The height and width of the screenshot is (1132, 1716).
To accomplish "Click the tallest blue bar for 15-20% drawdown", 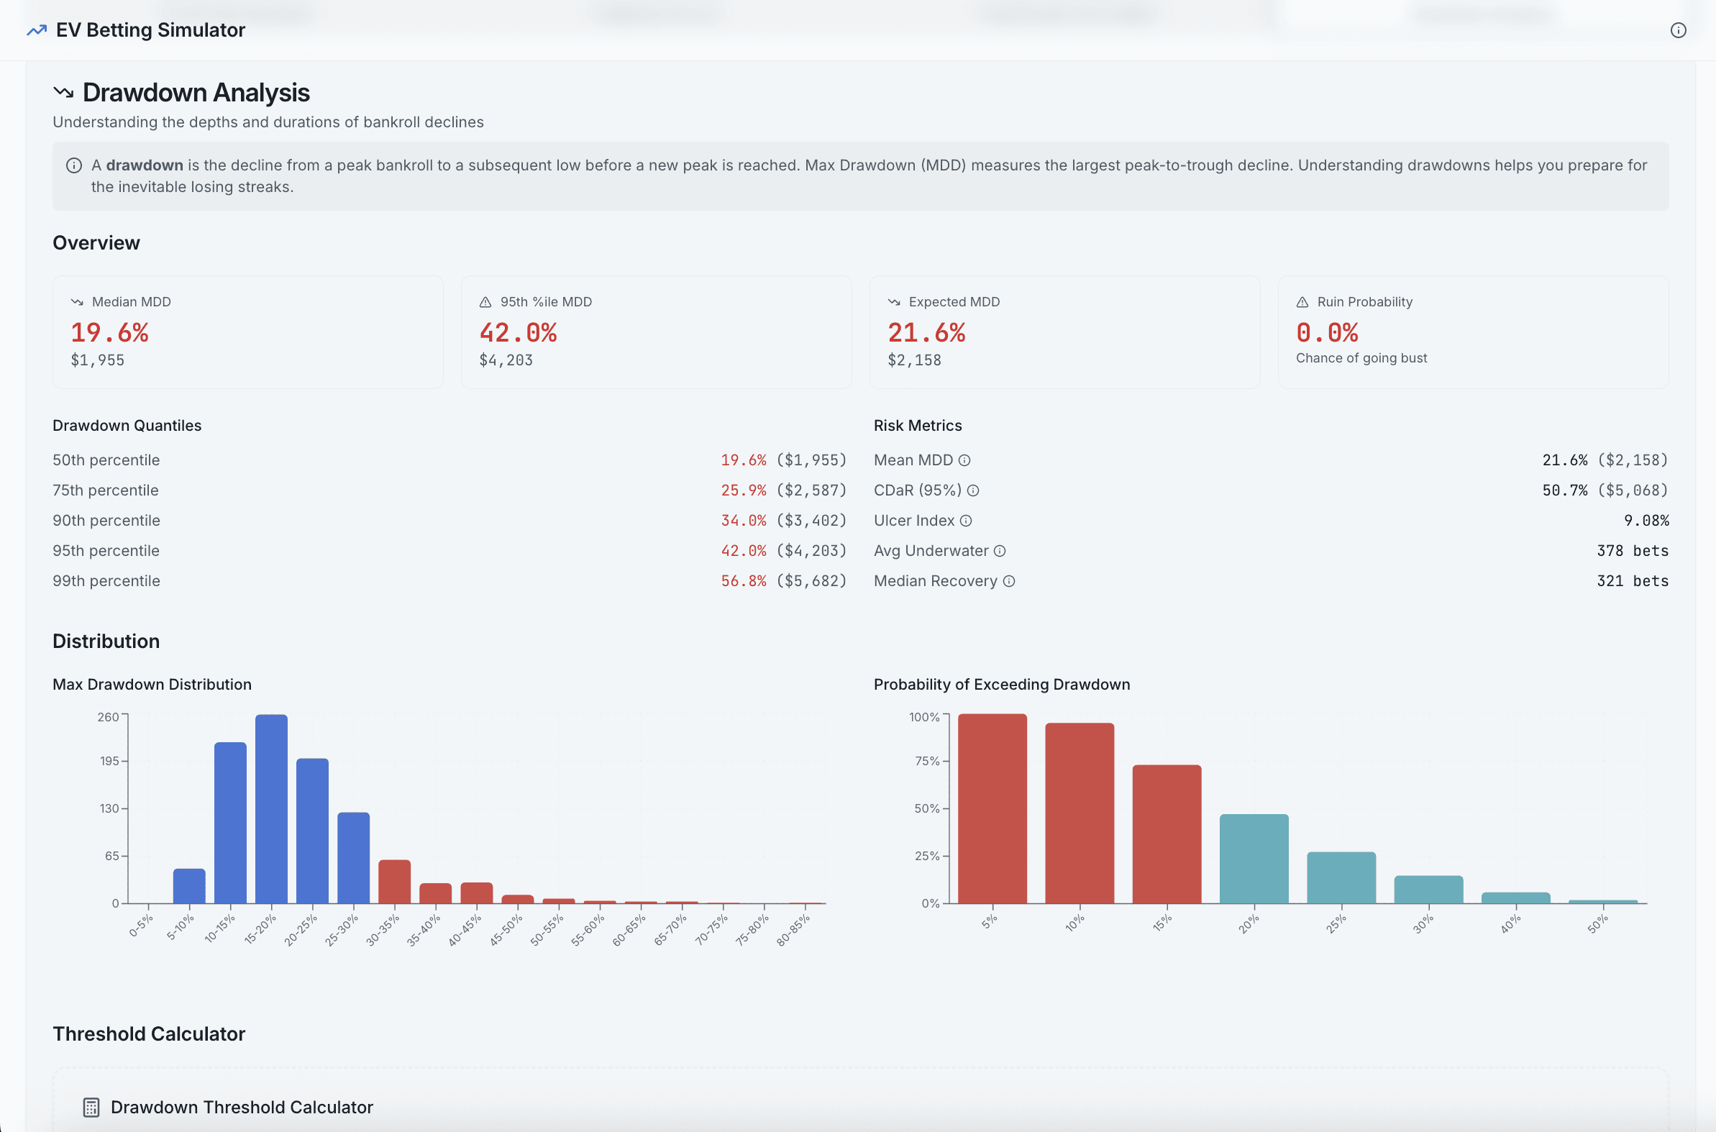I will [x=271, y=808].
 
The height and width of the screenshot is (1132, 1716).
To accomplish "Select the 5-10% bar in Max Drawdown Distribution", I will [x=189, y=886].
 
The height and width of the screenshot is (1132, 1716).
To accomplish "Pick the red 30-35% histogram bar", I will [x=394, y=882].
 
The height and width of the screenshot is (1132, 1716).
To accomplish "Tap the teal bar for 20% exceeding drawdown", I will [x=1254, y=859].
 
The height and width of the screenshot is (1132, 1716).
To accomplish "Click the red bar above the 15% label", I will [x=1167, y=834].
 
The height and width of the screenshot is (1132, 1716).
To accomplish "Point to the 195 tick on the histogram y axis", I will [x=110, y=761].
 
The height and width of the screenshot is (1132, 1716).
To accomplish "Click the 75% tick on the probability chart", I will [x=927, y=761].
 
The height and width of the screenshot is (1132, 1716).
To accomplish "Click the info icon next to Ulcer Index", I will [x=966, y=521].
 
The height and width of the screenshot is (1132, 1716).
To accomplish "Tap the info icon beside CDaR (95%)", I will [x=973, y=491].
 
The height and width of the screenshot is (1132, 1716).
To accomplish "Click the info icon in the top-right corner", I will [x=1678, y=30].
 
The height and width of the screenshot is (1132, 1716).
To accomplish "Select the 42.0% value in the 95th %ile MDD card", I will [x=518, y=333].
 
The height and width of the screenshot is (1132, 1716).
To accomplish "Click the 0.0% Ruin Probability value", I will [x=1327, y=333].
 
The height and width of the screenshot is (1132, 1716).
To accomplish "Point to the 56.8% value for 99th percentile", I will [x=743, y=581].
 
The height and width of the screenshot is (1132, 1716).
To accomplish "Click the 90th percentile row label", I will [x=106, y=521].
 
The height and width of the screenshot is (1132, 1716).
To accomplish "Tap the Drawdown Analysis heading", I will [x=196, y=92].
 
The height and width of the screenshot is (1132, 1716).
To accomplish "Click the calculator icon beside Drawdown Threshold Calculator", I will [x=91, y=1108].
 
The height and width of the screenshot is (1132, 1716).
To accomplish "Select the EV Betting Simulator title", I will [x=150, y=30].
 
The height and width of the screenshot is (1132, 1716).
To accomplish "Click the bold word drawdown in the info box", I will [x=145, y=165].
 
